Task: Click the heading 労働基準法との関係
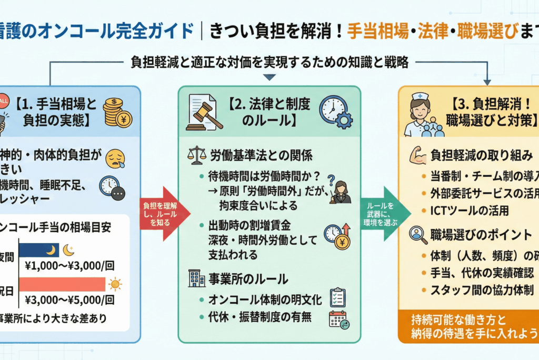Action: click(x=262, y=156)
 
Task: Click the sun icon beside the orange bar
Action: click(x=114, y=285)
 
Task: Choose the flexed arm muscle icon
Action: click(x=418, y=155)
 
